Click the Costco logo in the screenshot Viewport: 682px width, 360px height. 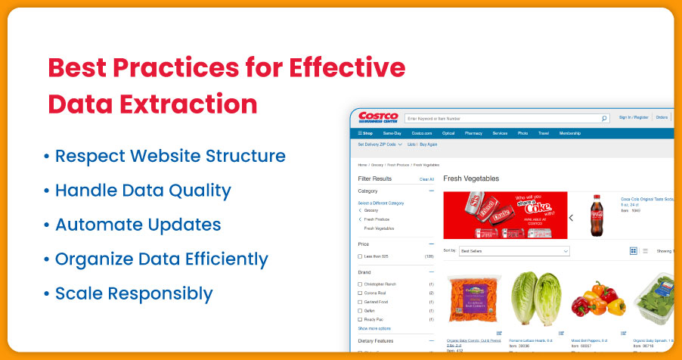tap(377, 118)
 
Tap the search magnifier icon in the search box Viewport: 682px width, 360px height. tap(604, 119)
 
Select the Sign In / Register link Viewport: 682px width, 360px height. tap(634, 118)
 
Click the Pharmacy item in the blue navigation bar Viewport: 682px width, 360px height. tap(473, 133)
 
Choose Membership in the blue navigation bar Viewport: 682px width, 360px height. tap(569, 133)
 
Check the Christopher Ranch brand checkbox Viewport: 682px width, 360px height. tap(360, 284)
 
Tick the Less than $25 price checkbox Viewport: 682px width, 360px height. tap(360, 256)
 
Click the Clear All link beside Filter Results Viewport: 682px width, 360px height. tap(426, 179)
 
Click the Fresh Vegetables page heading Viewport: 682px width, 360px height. tap(471, 178)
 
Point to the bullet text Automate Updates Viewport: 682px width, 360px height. tap(138, 225)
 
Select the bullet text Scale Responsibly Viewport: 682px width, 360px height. tap(134, 293)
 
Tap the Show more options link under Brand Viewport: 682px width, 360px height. tap(374, 328)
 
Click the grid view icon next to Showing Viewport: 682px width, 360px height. tap(634, 250)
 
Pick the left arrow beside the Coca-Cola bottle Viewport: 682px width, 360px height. tap(571, 217)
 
